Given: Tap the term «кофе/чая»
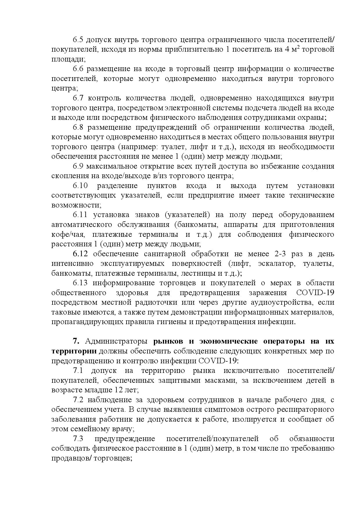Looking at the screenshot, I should pyautogui.click(x=64, y=234).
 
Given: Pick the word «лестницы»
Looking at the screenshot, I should pyautogui.click(x=198, y=273).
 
